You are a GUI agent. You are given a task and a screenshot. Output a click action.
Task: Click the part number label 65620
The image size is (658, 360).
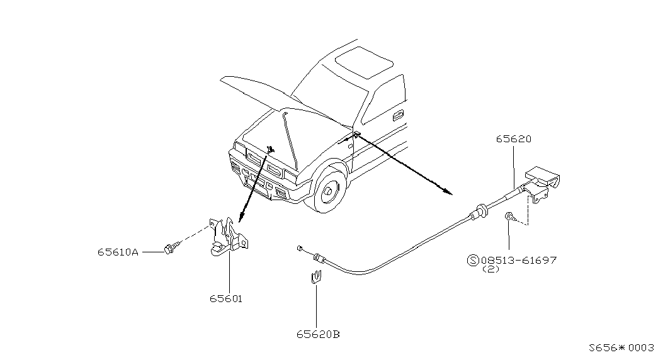tap(514, 139)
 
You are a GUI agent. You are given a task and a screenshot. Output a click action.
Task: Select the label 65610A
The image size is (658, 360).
tap(118, 252)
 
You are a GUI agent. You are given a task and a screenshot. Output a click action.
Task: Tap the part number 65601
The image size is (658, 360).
tap(226, 299)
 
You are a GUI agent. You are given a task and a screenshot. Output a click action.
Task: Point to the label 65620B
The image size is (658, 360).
tap(318, 334)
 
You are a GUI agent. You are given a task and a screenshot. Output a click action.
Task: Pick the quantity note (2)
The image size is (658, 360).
tap(491, 269)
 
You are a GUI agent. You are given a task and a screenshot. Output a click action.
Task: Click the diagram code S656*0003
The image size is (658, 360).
tap(621, 348)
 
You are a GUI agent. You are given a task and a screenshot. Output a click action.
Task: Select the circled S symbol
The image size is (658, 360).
tap(473, 260)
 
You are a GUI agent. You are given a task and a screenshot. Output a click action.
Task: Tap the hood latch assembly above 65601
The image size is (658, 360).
tap(229, 236)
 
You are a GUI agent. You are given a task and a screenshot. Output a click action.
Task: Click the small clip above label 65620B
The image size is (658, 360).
tap(317, 278)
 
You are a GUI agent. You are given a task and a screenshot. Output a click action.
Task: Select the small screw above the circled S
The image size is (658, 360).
tap(509, 217)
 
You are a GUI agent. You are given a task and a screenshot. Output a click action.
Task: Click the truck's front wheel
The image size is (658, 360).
tap(328, 191)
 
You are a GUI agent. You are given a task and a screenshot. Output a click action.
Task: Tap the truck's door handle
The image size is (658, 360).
tap(398, 113)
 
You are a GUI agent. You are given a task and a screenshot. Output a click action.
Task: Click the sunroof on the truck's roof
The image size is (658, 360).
tap(364, 62)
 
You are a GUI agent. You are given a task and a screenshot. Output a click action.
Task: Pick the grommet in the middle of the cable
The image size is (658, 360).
tap(480, 210)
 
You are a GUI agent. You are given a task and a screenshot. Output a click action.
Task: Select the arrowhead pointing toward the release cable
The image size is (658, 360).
tap(449, 192)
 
